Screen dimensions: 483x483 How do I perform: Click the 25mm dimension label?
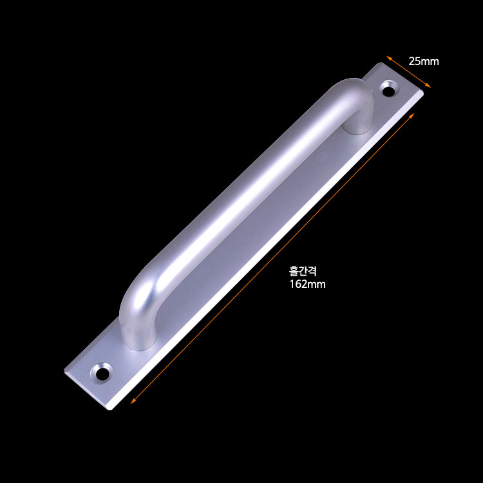click(424, 61)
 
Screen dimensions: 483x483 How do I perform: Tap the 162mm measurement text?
click(307, 284)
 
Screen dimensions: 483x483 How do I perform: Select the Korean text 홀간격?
click(303, 270)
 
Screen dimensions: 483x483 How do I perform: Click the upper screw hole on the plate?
click(389, 90)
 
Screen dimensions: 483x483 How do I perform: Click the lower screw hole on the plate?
click(102, 372)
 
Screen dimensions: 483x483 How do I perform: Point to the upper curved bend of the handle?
click(354, 90)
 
